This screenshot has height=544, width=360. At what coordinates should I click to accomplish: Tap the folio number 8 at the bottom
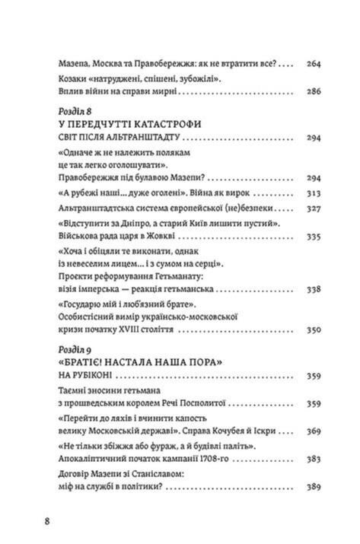[x=48, y=521]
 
